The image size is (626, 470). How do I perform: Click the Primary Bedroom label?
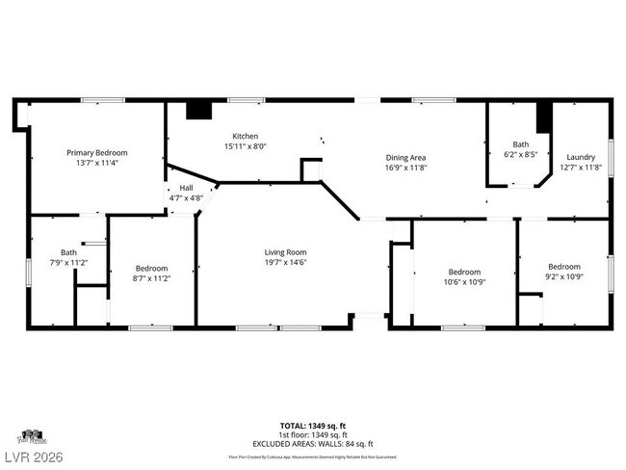(96, 152)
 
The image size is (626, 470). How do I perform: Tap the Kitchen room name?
(245, 136)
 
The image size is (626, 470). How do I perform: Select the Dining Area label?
(405, 157)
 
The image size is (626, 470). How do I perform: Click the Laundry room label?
(580, 157)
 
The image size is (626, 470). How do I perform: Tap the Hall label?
(186, 188)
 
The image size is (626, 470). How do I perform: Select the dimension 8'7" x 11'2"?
(151, 278)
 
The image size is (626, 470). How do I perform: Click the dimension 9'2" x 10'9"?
(564, 276)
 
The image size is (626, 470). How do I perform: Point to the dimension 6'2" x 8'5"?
(520, 153)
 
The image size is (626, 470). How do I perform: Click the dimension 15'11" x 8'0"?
(245, 146)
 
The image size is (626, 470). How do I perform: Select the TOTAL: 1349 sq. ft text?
(313, 425)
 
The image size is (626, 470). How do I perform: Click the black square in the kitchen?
(198, 110)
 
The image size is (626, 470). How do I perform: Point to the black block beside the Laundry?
(543, 116)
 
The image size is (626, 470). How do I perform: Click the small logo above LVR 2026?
(32, 436)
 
